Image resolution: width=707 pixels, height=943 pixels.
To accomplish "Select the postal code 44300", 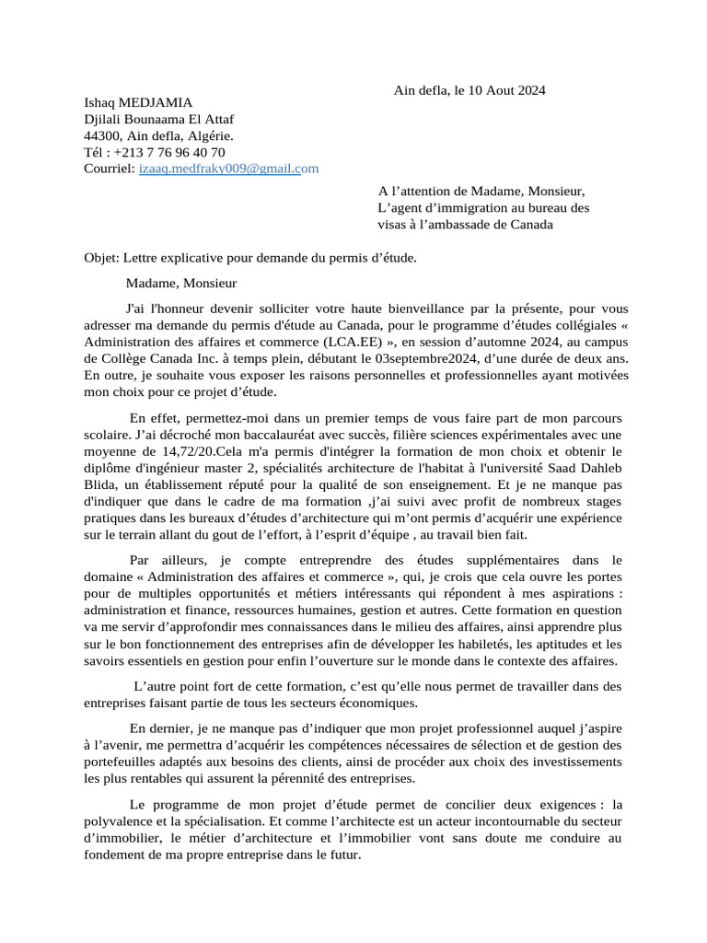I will point(103,136).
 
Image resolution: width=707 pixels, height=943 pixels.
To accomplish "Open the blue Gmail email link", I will point(228,169).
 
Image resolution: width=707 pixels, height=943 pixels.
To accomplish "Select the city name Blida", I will point(100,484).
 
